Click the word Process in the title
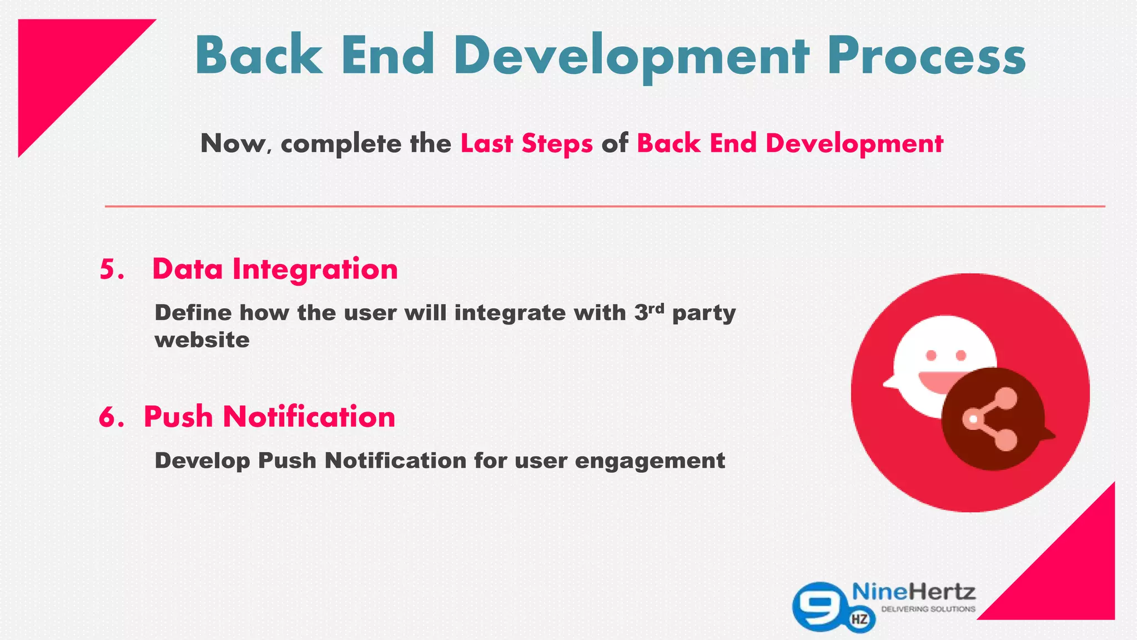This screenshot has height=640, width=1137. [x=926, y=56]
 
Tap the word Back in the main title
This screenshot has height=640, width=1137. [x=258, y=56]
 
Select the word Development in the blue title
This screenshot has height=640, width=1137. [x=631, y=56]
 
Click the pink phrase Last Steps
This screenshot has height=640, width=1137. [x=526, y=143]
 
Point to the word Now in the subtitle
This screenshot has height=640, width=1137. [x=233, y=143]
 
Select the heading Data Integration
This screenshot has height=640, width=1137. [x=275, y=269]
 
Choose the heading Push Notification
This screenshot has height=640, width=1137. [x=269, y=417]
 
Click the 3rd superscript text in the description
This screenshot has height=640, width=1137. [x=649, y=311]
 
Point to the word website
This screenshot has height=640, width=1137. [x=202, y=340]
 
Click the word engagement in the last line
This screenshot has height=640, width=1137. [x=650, y=461]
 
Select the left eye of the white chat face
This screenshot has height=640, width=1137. [x=931, y=355]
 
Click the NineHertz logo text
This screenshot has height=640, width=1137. [x=913, y=592]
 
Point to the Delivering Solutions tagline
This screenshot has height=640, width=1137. [x=928, y=609]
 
